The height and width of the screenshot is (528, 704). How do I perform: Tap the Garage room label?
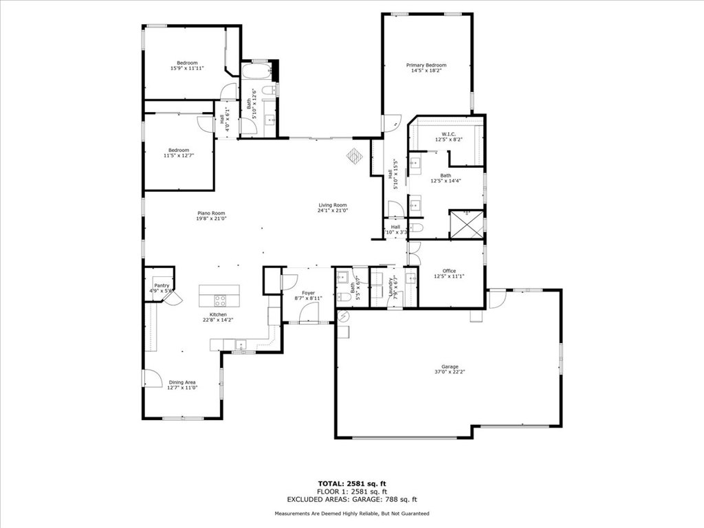(445, 367)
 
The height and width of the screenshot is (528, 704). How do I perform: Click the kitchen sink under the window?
(241, 344)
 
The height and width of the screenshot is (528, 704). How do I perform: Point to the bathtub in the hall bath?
(255, 71)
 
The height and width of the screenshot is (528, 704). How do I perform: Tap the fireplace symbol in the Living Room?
(354, 156)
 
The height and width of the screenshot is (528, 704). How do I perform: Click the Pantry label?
(162, 285)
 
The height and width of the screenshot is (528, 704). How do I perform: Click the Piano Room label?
(212, 213)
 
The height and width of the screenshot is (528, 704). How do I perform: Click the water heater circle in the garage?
(344, 316)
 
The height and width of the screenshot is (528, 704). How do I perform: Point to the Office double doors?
(413, 255)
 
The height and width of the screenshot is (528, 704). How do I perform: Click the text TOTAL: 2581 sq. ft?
(352, 483)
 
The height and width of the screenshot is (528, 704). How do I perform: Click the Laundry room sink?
(410, 278)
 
